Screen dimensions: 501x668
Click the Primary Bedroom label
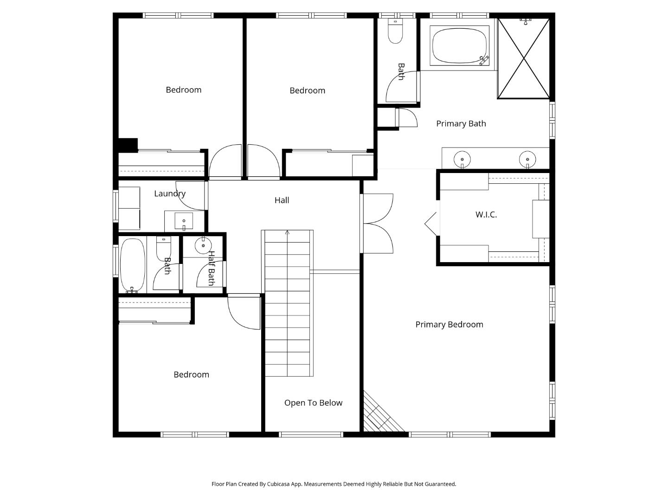point(449,325)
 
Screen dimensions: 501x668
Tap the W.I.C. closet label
point(486,215)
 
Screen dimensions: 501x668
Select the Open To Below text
point(313,403)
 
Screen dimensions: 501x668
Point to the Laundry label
point(169,194)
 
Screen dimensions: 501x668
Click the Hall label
point(282,200)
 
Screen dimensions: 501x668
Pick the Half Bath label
point(211,269)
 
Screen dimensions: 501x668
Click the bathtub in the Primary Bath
point(460,45)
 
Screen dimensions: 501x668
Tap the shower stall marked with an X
point(523,58)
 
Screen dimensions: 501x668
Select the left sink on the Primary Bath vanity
point(462,159)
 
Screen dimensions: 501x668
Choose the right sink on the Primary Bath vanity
point(527,159)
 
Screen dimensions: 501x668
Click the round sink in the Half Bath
point(203,245)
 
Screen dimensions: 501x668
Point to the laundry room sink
point(184,221)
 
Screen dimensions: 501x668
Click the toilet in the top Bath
point(395,32)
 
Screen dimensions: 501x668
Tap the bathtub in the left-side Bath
point(133,265)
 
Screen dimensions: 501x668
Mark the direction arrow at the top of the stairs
point(287,232)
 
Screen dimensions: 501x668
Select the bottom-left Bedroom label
point(191,375)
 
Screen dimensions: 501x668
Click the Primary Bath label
point(461,124)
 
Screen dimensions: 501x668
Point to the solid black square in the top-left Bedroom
point(128,145)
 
